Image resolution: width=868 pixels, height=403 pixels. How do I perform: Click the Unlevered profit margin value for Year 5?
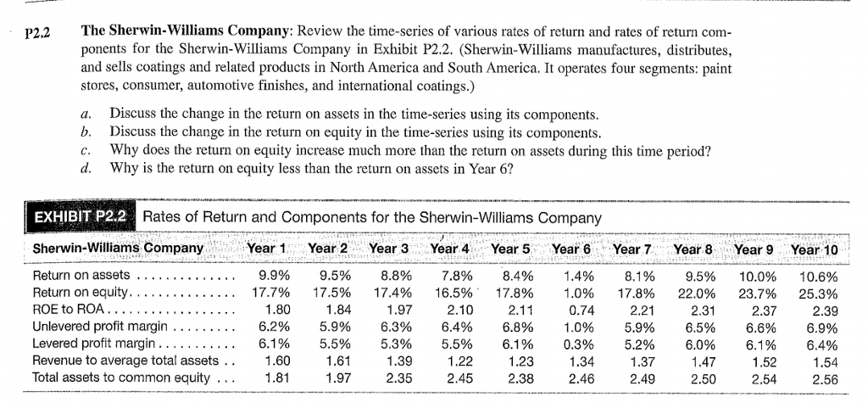coord(516,326)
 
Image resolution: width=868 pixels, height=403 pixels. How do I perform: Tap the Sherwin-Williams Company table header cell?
coord(117,249)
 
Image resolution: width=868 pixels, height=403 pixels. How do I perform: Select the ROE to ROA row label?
coord(64,309)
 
